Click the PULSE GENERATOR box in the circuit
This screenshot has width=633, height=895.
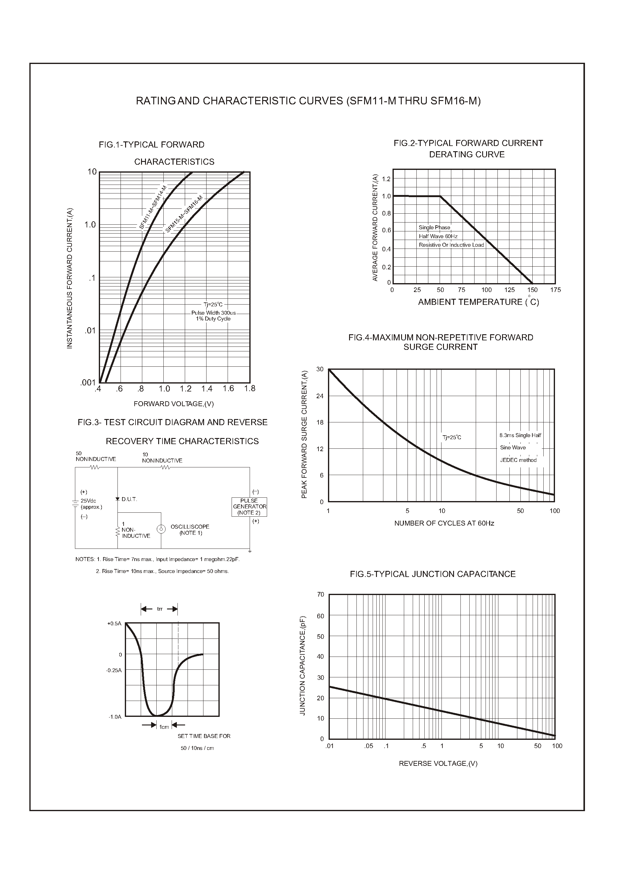click(249, 507)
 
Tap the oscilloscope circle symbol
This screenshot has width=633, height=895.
click(160, 529)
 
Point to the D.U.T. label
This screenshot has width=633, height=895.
click(129, 499)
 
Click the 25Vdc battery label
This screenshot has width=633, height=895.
click(88, 501)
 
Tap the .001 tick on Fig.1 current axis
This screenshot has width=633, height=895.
click(88, 383)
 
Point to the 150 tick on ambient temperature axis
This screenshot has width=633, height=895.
click(532, 290)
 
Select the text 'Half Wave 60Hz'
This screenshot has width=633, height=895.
click(438, 236)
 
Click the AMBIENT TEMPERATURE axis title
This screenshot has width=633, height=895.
click(478, 302)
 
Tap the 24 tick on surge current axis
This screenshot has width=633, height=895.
click(320, 396)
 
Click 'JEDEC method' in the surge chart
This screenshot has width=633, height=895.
click(518, 460)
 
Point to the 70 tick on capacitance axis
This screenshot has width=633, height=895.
click(320, 594)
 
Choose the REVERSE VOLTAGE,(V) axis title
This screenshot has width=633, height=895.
click(438, 764)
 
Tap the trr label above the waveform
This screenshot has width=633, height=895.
click(159, 609)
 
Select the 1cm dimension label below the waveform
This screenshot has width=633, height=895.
click(164, 727)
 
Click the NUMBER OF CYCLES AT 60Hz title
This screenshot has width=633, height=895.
click(444, 523)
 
